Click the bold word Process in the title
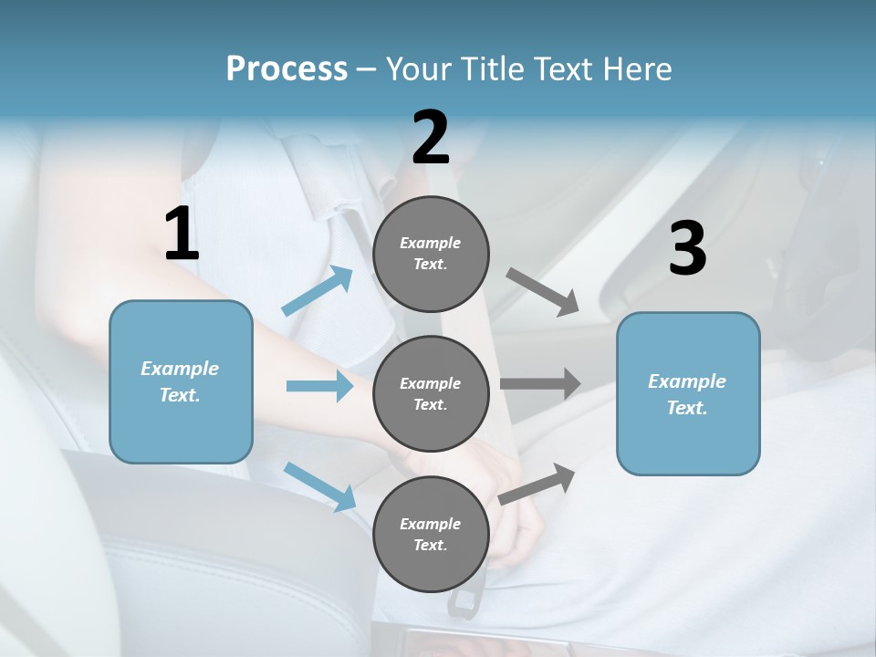(287, 69)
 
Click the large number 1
(182, 235)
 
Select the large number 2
(431, 138)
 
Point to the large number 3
(687, 249)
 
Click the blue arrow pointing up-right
(318, 291)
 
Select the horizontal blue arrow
(319, 387)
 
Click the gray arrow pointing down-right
(543, 291)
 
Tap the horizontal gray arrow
(540, 383)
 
